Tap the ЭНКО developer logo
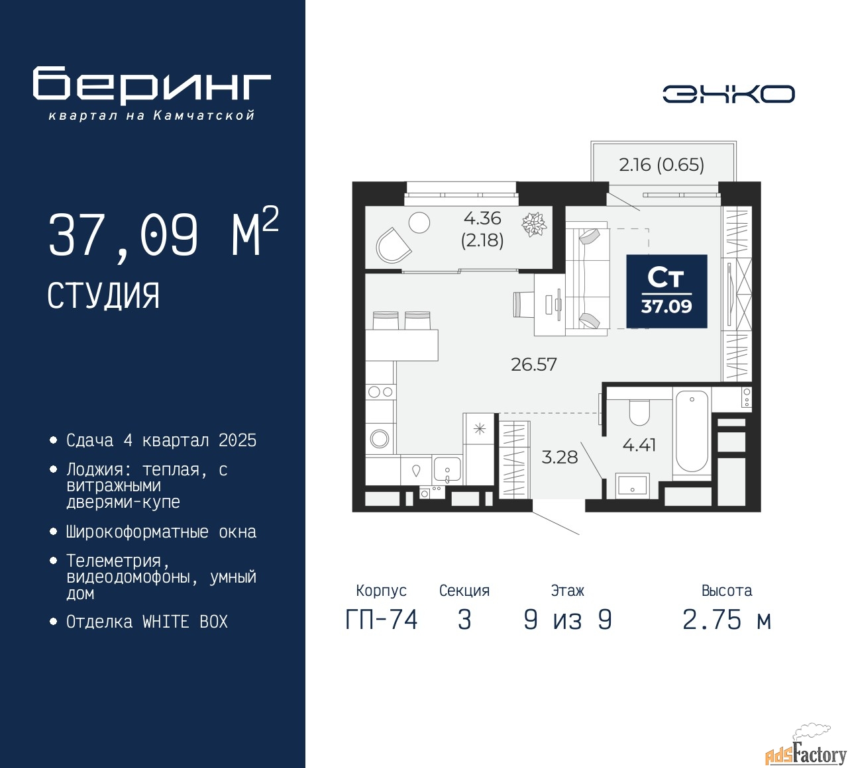click(728, 94)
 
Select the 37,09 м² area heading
click(163, 234)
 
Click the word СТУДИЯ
click(103, 295)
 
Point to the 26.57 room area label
click(534, 364)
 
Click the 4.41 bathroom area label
click(639, 445)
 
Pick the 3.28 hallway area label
click(560, 457)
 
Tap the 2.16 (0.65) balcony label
click(661, 164)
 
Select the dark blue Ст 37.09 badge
click(666, 291)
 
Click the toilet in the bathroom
click(639, 412)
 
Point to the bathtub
click(692, 431)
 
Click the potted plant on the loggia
click(533, 224)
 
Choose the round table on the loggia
click(419, 222)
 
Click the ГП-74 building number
click(382, 620)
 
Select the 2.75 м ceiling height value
click(727, 620)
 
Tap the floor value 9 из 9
click(568, 620)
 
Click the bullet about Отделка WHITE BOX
click(147, 622)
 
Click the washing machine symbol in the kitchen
click(380, 438)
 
